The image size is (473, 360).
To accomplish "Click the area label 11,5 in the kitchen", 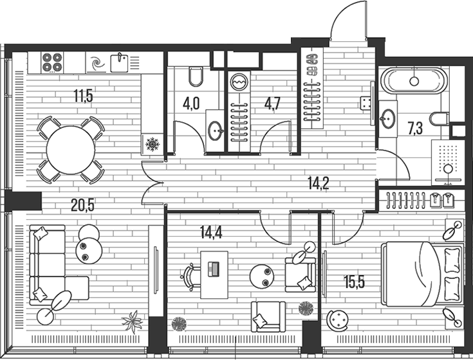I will point(83,97).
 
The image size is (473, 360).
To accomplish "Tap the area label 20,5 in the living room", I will point(83,206).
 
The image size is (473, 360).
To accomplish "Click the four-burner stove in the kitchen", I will point(51,62).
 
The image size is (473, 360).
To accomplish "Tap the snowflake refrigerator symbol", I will point(153,144).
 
